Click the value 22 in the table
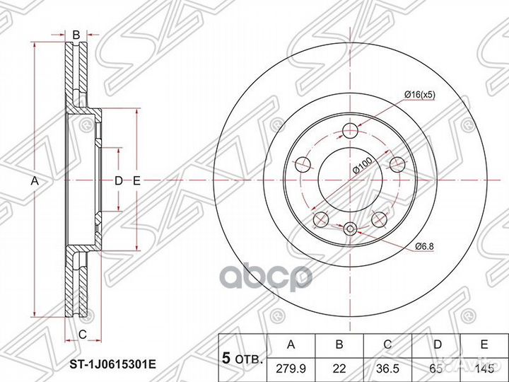340,367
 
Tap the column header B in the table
340,345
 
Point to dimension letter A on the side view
33,181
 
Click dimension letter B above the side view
76,33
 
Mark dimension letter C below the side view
82,333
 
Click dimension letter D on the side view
119,181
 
